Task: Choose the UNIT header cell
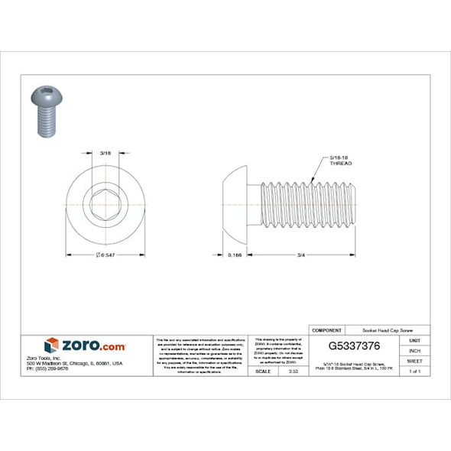click(x=415, y=340)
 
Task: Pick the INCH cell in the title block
click(x=415, y=350)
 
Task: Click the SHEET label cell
click(x=415, y=361)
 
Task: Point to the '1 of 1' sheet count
click(x=415, y=371)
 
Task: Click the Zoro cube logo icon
click(x=51, y=346)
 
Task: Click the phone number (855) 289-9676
click(x=47, y=368)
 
